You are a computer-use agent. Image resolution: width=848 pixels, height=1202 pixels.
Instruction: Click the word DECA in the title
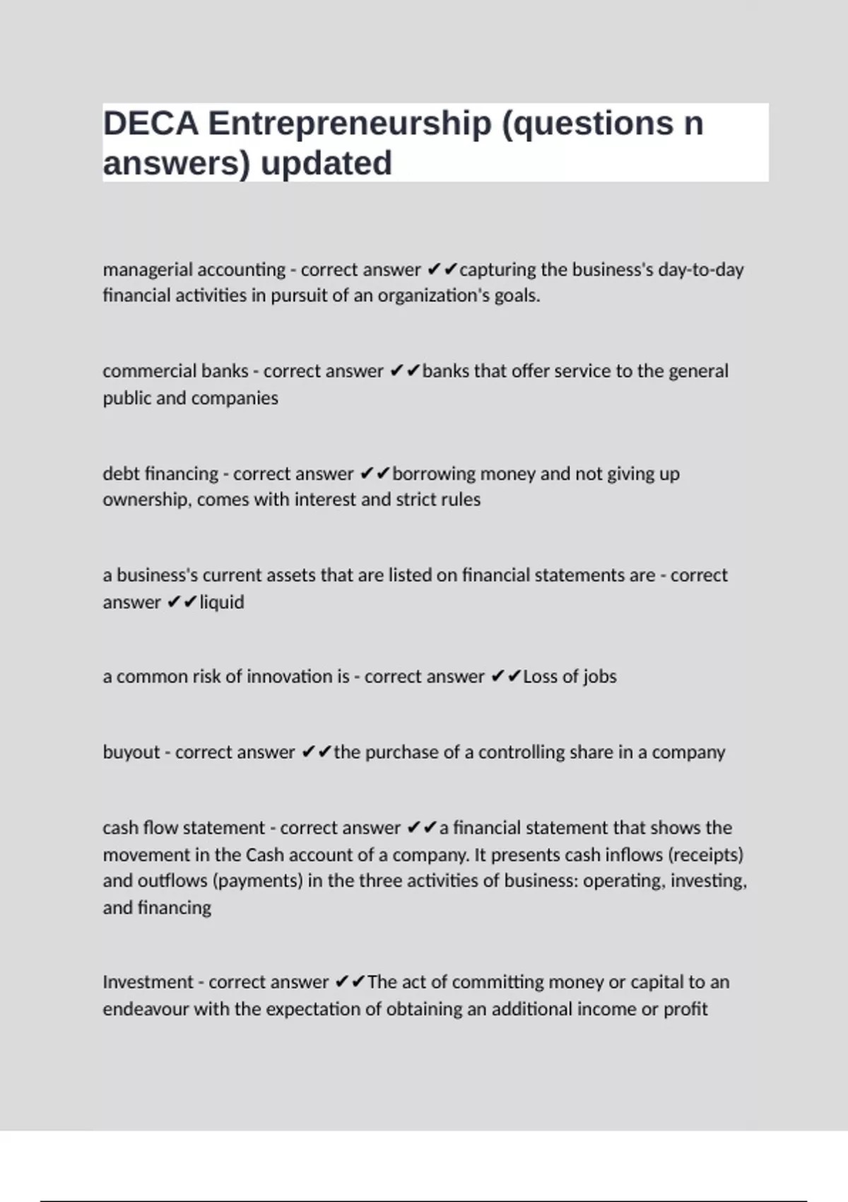pos(151,124)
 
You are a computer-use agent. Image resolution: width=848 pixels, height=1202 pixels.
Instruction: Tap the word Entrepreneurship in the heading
pos(349,124)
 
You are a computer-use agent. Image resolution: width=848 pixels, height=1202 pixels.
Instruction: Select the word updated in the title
pos(326,163)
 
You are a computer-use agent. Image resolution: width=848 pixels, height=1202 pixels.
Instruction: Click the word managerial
pos(148,269)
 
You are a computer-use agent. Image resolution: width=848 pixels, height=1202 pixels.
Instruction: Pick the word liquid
pos(222,602)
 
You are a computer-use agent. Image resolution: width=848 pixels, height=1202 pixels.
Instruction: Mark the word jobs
pos(600,677)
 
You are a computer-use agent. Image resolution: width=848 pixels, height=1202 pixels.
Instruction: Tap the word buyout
pos(131,752)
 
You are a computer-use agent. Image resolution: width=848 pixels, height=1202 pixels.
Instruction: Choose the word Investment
pos(148,982)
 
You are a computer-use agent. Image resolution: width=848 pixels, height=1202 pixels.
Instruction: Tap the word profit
pos(685,1009)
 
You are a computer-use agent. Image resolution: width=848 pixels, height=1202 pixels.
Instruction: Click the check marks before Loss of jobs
pos(505,677)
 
